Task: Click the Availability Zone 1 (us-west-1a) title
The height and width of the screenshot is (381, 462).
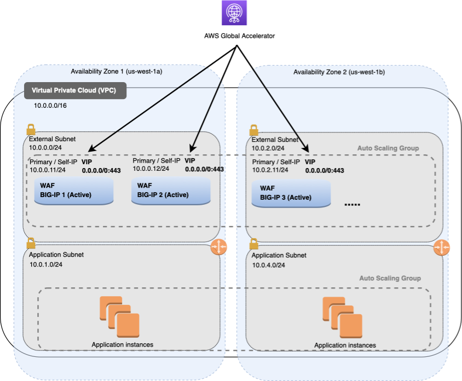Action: click(x=116, y=72)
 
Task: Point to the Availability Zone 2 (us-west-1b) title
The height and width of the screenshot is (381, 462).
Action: click(x=339, y=72)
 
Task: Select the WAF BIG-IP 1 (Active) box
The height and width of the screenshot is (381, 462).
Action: click(x=73, y=190)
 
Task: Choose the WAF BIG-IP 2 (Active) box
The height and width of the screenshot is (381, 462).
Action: click(x=171, y=190)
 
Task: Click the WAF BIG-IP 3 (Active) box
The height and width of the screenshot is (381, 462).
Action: click(x=291, y=193)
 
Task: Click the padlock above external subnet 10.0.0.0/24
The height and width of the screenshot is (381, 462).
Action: click(x=32, y=130)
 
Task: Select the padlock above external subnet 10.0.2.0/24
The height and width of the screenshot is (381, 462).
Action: click(x=253, y=130)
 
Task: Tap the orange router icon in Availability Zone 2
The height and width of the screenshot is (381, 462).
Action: click(x=441, y=248)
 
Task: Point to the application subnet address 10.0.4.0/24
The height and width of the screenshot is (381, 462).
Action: click(x=269, y=265)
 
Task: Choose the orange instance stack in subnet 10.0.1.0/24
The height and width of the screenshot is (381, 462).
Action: click(x=119, y=316)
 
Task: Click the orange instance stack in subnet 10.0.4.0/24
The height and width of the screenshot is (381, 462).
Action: click(x=342, y=317)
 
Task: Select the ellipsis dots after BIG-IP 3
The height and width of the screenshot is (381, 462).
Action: click(x=352, y=205)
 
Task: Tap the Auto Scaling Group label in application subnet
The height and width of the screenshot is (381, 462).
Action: click(x=390, y=278)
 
